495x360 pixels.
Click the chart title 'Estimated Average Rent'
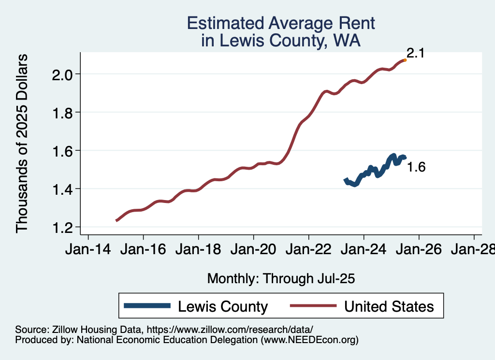(x=281, y=23)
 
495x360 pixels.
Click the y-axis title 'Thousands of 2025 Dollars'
(x=22, y=144)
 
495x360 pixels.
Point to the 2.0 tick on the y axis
(x=63, y=74)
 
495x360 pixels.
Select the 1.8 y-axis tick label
(x=63, y=113)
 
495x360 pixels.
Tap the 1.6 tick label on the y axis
(x=63, y=151)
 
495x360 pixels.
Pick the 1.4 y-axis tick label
(x=63, y=189)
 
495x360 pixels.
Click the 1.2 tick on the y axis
(x=63, y=227)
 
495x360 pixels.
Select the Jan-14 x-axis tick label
(x=88, y=250)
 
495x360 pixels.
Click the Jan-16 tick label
(x=143, y=250)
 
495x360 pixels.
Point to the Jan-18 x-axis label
(x=198, y=250)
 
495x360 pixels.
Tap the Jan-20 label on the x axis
(x=253, y=250)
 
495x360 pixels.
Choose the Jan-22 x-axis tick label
(x=308, y=250)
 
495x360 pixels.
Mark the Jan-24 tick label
(x=364, y=250)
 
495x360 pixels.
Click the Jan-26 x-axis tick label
(x=419, y=250)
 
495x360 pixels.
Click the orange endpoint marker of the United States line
(x=405, y=60)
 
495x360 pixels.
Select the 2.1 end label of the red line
(x=415, y=53)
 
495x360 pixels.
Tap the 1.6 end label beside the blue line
(x=416, y=168)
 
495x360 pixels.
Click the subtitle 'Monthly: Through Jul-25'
(x=281, y=278)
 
